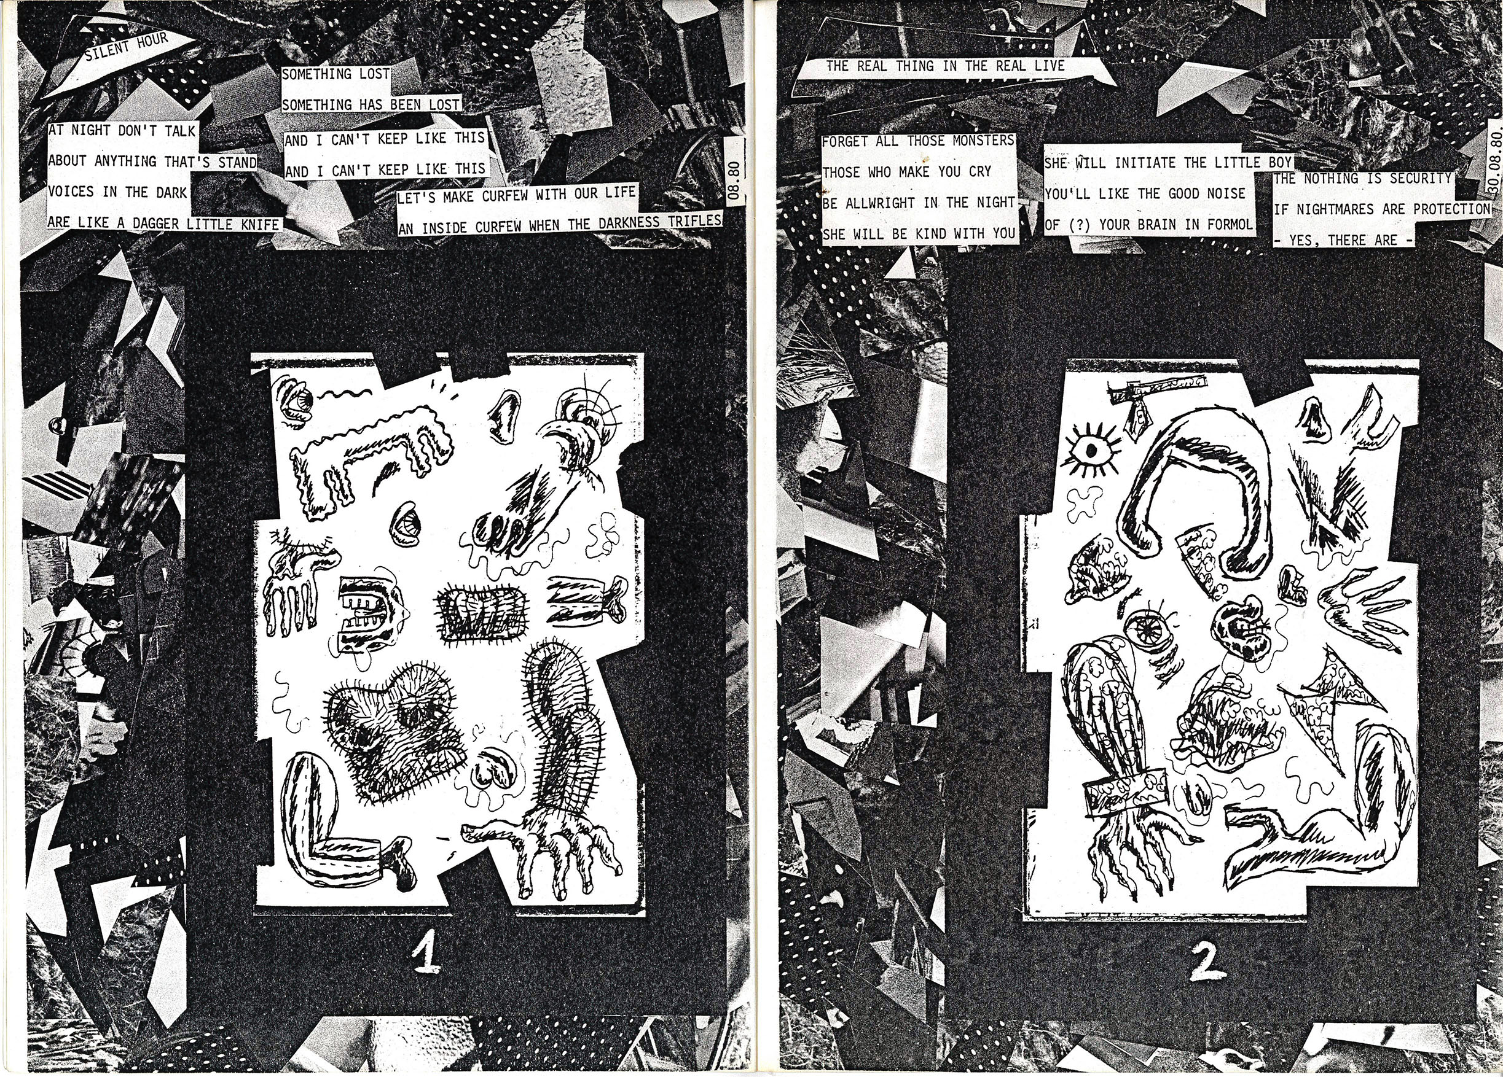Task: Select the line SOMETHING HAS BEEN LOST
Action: click(371, 104)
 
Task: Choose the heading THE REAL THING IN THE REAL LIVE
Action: click(945, 66)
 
